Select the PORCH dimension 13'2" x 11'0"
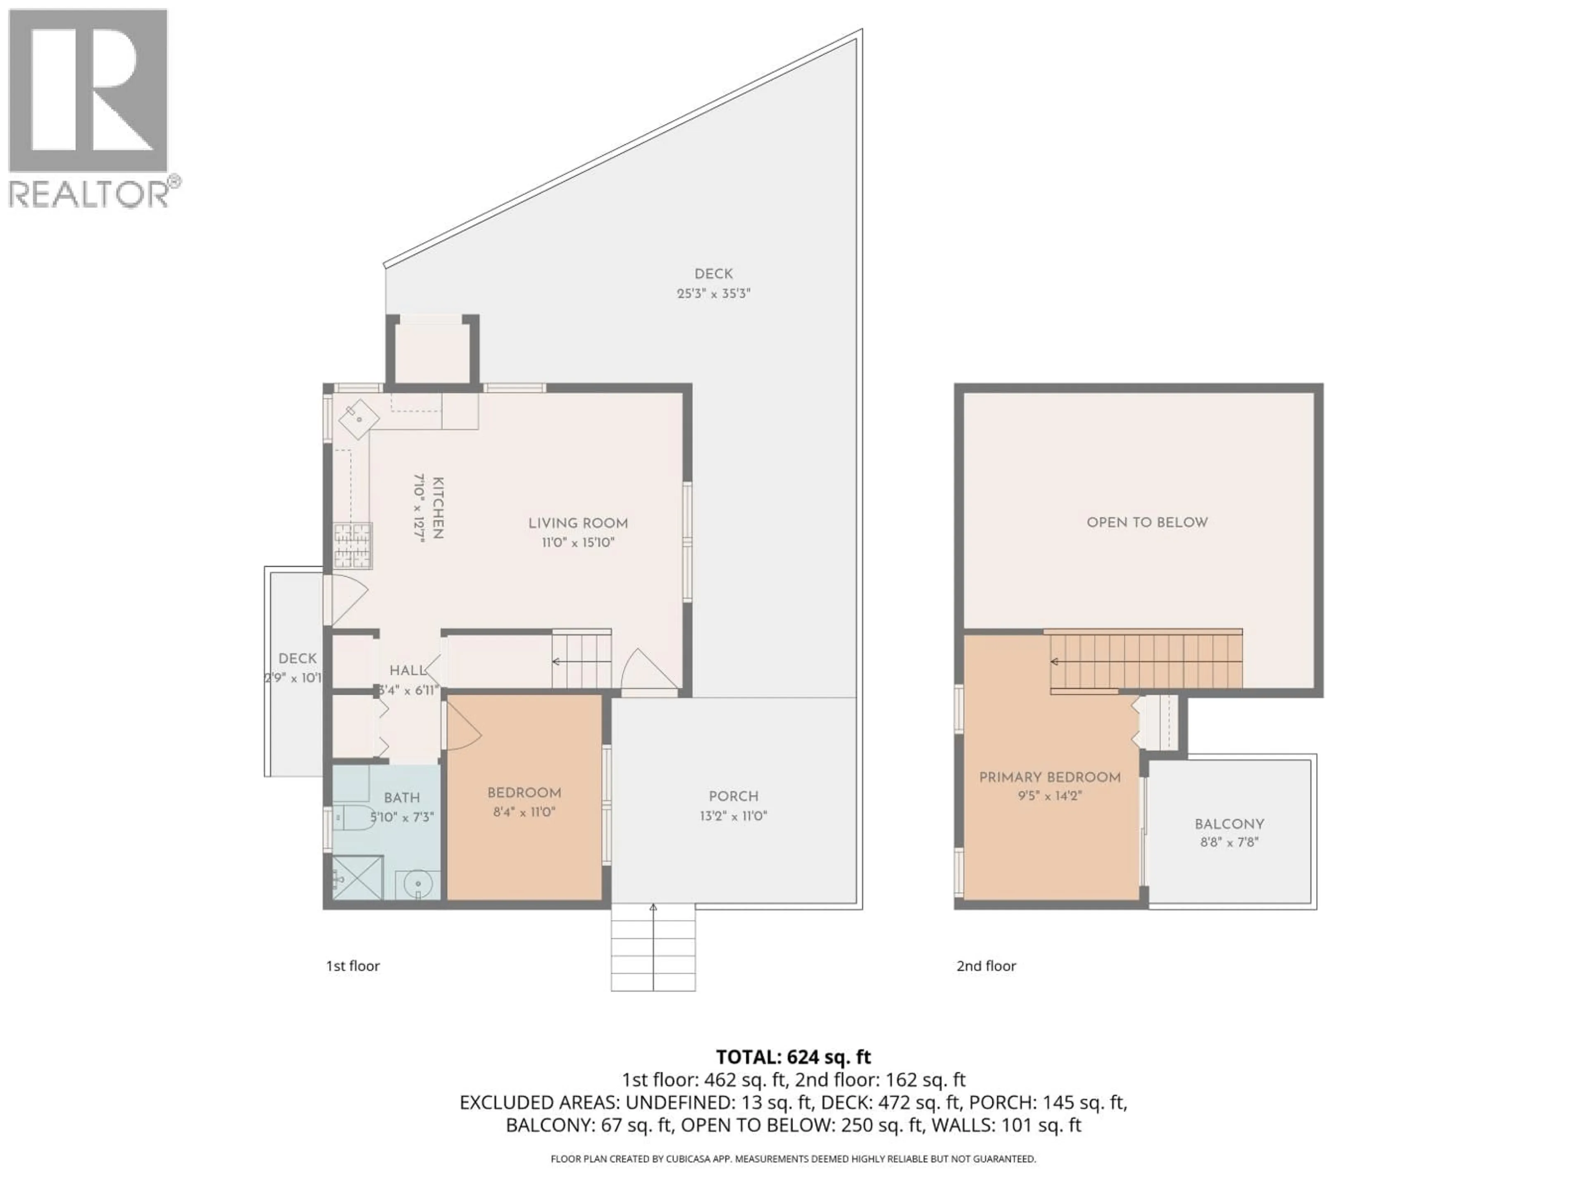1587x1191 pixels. click(733, 816)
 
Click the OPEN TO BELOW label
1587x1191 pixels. click(1146, 523)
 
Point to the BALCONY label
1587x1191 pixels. click(1229, 824)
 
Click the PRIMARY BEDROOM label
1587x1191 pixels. click(1050, 777)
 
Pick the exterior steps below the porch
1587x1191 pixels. click(653, 948)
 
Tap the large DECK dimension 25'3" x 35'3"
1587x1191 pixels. click(713, 294)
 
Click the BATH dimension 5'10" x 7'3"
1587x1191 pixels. click(402, 817)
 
